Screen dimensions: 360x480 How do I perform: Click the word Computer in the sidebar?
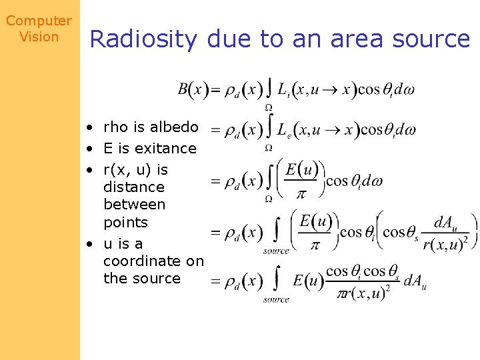pyautogui.click(x=39, y=21)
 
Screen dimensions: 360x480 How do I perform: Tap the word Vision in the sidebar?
pyautogui.click(x=39, y=37)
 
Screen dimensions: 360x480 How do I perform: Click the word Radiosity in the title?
pyautogui.click(x=143, y=40)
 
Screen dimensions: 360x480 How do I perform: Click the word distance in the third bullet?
pyautogui.click(x=133, y=187)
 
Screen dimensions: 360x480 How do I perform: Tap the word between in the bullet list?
pyautogui.click(x=134, y=205)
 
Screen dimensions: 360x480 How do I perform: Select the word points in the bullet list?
pyautogui.click(x=125, y=222)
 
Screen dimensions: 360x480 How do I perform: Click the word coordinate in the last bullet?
pyautogui.click(x=153, y=261)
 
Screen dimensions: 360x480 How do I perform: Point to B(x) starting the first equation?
pyautogui.click(x=193, y=89)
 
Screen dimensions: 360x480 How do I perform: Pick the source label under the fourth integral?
pyautogui.click(x=276, y=251)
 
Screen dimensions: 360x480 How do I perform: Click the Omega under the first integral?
pyautogui.click(x=268, y=107)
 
